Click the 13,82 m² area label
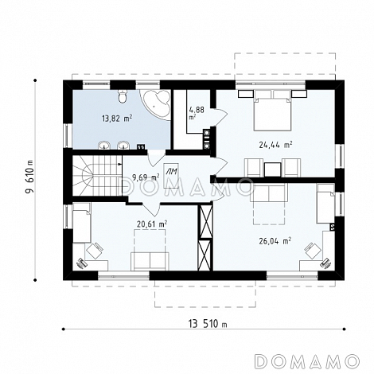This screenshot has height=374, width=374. click(x=117, y=118)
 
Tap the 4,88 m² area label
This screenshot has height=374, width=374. click(x=197, y=112)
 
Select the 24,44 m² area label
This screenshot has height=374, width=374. click(x=275, y=145)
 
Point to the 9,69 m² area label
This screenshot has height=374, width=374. click(x=146, y=177)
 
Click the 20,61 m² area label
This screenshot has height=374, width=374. click(x=152, y=224)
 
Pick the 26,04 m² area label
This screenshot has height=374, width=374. click(x=275, y=241)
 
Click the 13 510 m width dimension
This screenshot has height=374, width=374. click(x=208, y=324)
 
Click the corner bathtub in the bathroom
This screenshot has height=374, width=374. click(x=156, y=105)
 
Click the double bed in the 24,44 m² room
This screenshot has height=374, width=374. click(x=272, y=111)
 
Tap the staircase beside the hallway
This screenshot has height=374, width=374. click(x=97, y=176)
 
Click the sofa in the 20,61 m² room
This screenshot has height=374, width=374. click(x=150, y=261)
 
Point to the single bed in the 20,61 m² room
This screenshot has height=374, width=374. click(x=82, y=223)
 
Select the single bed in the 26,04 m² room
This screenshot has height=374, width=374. click(x=325, y=204)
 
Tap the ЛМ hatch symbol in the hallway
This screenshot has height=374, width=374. click(x=171, y=175)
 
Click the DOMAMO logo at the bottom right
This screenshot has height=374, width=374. click(x=307, y=361)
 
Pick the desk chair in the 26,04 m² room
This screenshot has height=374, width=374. click(x=314, y=250)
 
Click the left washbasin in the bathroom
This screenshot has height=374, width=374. click(x=104, y=146)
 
